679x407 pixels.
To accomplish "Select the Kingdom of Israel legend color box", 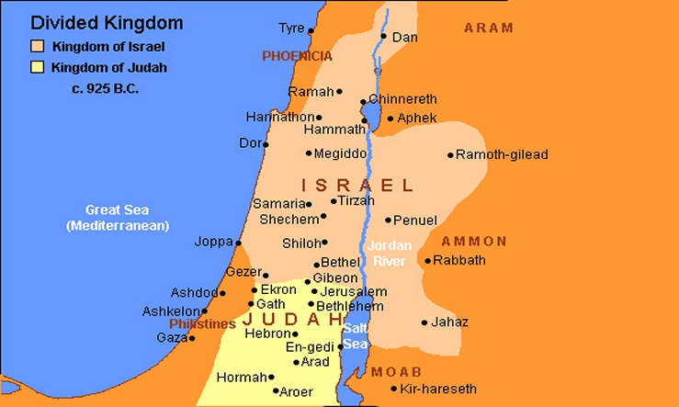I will point(37,47).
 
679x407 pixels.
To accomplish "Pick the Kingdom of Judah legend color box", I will point(37,67).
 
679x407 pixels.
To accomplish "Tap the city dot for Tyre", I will point(311,30).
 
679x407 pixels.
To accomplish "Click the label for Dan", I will point(404,38).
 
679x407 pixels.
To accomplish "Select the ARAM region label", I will point(488,28).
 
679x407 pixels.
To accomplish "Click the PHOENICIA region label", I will point(297,56).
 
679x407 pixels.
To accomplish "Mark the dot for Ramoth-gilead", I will point(450,155).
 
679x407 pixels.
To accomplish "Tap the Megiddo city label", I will point(340,153).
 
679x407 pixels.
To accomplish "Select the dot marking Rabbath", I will point(427,260).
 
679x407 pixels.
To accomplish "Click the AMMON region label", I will point(473,242).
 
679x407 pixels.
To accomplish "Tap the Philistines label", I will point(202,324).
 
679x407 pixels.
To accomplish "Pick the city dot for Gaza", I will point(191,338).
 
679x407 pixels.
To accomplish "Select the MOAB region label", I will point(396,372).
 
